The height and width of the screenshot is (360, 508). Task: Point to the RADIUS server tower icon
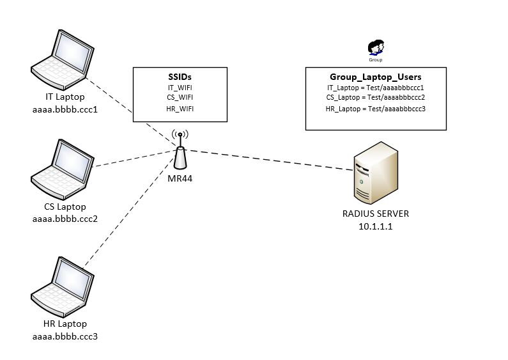(x=376, y=173)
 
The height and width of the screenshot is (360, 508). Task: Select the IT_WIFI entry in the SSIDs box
(x=180, y=87)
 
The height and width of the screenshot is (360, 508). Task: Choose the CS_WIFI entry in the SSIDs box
(x=180, y=97)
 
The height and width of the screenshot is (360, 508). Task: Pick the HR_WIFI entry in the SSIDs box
(x=180, y=109)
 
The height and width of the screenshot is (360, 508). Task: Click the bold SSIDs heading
(x=180, y=76)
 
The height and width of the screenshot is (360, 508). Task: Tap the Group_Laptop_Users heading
(x=375, y=77)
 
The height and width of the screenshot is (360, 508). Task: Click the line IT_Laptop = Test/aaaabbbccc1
(x=375, y=87)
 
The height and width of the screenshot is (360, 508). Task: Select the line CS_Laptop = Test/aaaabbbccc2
(x=375, y=97)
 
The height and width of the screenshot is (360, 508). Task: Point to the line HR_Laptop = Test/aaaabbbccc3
(x=375, y=109)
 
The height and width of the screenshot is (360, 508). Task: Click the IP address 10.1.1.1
(x=376, y=225)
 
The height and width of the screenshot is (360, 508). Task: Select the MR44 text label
(x=180, y=178)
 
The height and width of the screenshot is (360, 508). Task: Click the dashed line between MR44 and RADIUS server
(x=268, y=159)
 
